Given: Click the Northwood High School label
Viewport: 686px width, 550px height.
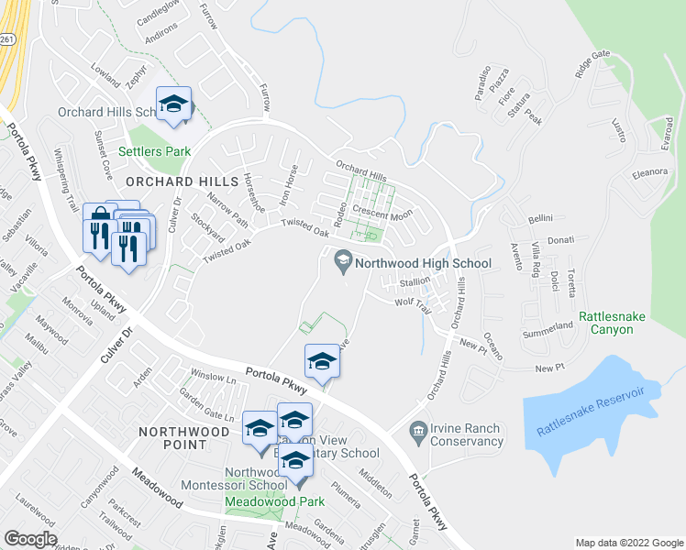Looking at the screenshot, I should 423,263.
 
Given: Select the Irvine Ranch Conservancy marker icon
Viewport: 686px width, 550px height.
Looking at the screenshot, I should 419,429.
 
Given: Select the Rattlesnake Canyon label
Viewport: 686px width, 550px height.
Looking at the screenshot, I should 606,323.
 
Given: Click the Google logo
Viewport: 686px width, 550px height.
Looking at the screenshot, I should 30,539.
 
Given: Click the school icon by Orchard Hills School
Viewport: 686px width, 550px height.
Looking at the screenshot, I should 172,104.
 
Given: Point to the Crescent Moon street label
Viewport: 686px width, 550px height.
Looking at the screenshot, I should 382,214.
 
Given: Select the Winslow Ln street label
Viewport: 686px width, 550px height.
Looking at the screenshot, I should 212,376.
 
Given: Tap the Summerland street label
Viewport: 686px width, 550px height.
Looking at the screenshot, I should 548,327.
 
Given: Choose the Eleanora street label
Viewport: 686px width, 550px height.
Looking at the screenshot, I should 648,171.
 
